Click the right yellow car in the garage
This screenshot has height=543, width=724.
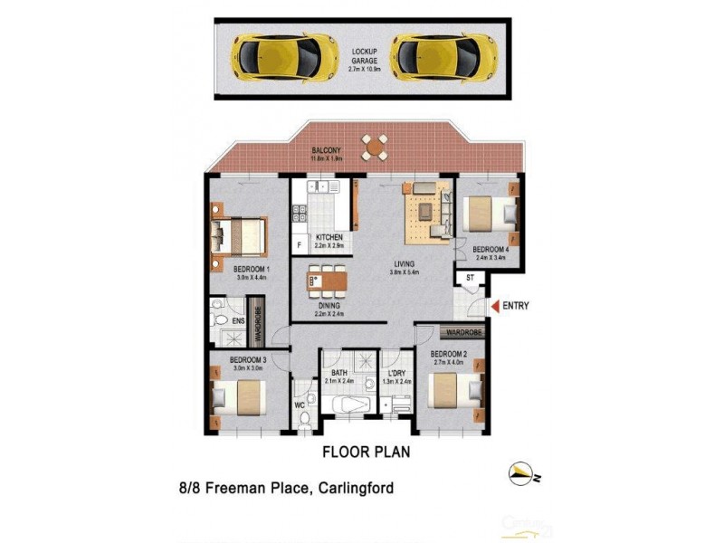[x=443, y=57]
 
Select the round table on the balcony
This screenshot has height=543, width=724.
[x=374, y=147]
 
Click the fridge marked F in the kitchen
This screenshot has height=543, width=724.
[x=298, y=245]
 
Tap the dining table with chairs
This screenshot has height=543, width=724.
[x=328, y=281]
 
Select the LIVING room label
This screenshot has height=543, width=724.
[x=403, y=263]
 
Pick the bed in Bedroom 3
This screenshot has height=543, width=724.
[x=239, y=398]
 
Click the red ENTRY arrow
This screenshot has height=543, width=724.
[x=494, y=307]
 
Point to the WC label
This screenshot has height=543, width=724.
[x=300, y=405]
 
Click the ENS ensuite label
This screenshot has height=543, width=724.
[x=238, y=320]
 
